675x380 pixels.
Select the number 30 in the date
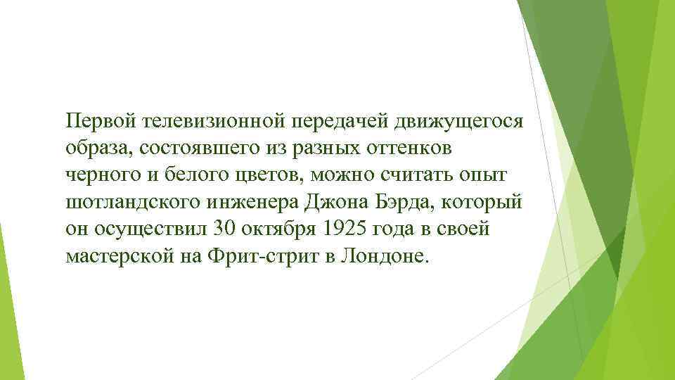(220, 232)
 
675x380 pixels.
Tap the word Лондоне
(383, 258)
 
